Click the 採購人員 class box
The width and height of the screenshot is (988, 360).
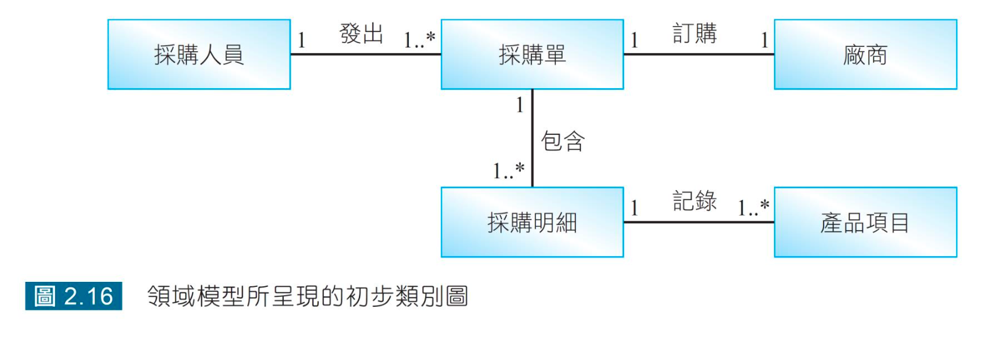coord(199,54)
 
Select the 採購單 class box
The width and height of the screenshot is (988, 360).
coord(532,54)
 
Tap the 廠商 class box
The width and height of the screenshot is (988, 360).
coord(865,54)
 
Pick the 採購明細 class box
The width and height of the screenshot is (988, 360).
coord(532,222)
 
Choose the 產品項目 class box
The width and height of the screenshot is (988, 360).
coord(865,222)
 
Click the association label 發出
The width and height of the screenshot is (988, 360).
coord(361,33)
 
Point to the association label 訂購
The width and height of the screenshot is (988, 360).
coord(695,33)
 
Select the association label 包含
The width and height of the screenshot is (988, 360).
coord(563,141)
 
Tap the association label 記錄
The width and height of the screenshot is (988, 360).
coord(695,201)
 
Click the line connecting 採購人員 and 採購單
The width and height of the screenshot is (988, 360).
coord(366,54)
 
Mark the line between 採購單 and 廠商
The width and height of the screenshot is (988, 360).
coord(699,54)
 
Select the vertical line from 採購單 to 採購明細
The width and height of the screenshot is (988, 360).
coord(532,137)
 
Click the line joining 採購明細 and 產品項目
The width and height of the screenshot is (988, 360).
coord(699,222)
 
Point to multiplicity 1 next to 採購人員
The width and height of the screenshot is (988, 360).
coord(301,41)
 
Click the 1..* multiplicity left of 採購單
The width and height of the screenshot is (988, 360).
coord(420,41)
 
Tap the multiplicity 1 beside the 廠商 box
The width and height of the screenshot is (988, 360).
coord(764,41)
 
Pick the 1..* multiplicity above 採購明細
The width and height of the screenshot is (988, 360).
coord(508,171)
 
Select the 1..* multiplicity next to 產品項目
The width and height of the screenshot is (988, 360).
coord(754,207)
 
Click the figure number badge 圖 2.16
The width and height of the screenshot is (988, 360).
coord(74,296)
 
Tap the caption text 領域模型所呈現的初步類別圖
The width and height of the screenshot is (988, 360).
coord(308,296)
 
